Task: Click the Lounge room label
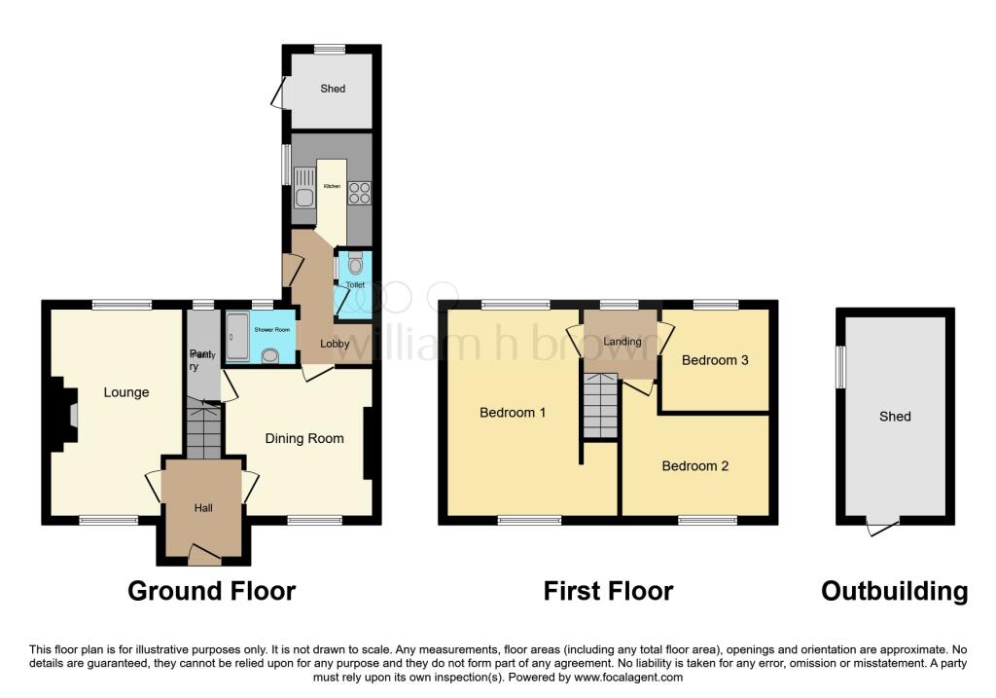(126, 392)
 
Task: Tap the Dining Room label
(304, 438)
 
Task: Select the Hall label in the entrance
(202, 507)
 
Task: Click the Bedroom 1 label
(513, 412)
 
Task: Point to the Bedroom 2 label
(694, 465)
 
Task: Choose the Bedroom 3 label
(715, 360)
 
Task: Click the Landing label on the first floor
(622, 342)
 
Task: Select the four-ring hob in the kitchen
(358, 193)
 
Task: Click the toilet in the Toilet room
(355, 263)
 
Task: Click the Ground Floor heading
(212, 591)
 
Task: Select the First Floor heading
(608, 591)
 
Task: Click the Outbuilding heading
(894, 591)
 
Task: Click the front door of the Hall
(204, 556)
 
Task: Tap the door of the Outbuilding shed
(883, 528)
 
